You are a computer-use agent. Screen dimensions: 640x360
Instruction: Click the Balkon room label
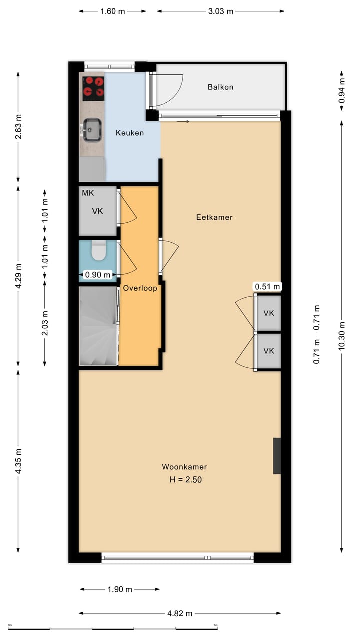click(220, 87)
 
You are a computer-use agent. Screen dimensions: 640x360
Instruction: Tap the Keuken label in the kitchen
click(130, 133)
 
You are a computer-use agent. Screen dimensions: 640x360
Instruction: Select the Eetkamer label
click(214, 217)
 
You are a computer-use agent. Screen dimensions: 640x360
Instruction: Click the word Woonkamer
click(184, 467)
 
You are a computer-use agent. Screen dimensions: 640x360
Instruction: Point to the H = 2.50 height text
click(185, 479)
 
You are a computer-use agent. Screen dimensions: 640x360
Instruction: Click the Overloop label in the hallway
click(140, 288)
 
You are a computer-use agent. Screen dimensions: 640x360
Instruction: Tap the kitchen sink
click(92, 129)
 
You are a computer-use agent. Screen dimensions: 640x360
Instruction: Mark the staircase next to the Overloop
click(98, 326)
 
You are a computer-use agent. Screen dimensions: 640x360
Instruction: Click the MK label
click(88, 193)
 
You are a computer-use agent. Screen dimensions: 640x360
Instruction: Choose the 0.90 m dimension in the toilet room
click(98, 274)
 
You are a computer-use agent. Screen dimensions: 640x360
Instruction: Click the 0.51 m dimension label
click(268, 287)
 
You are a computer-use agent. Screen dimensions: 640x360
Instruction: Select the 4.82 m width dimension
click(180, 613)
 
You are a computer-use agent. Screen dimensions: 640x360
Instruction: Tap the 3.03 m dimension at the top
click(220, 11)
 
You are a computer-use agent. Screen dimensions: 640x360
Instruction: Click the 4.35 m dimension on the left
click(18, 461)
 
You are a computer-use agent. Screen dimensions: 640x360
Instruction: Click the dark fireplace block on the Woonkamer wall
click(277, 456)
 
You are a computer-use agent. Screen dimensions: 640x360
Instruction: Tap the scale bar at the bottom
click(112, 628)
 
